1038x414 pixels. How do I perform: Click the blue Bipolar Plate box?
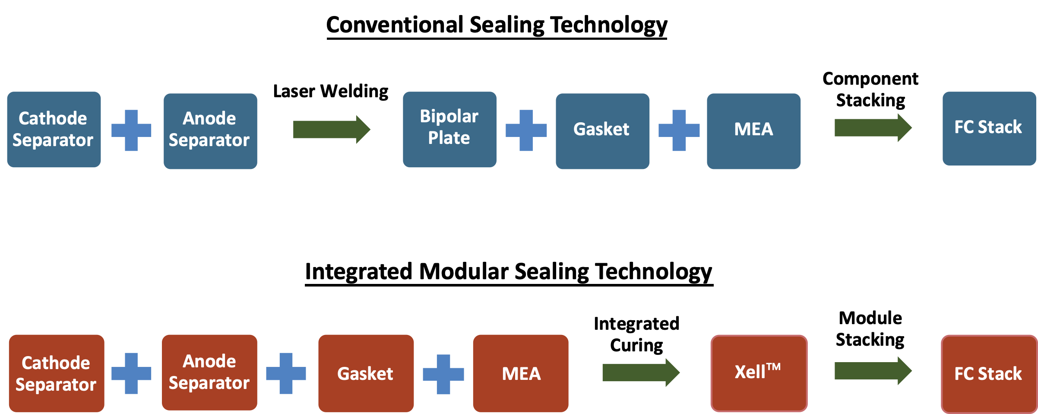(x=449, y=129)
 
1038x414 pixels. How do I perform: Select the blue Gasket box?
(x=602, y=131)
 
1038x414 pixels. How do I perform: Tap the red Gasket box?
(x=366, y=373)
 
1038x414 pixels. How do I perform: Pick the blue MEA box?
(x=753, y=131)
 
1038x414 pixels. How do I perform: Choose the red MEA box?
(x=521, y=373)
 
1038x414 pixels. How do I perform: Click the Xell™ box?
(x=759, y=373)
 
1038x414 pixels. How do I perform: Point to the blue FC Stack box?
(x=989, y=128)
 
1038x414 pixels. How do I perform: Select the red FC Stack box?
(x=989, y=374)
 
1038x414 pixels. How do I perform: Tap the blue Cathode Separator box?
(x=54, y=129)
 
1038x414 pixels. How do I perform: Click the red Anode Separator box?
(x=209, y=373)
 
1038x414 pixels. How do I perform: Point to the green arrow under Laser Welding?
(x=332, y=129)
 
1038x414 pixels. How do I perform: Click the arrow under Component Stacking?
(x=873, y=127)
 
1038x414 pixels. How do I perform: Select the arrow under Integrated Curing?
(x=641, y=373)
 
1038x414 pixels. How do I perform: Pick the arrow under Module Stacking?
(x=873, y=371)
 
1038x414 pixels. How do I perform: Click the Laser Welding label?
(x=331, y=92)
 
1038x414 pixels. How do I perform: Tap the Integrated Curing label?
(x=636, y=334)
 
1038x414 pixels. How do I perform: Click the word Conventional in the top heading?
(x=395, y=25)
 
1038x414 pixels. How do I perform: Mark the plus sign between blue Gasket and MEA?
(x=679, y=130)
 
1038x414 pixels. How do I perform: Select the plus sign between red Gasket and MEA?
(x=443, y=374)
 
